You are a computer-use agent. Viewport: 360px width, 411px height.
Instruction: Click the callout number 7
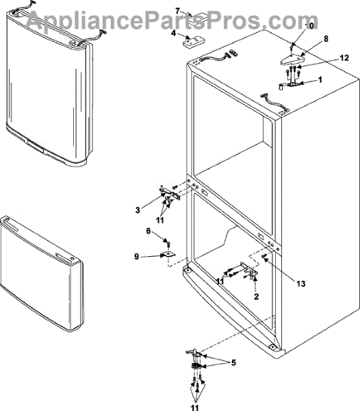pos(178,11)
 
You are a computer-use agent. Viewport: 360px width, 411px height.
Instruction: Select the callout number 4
pos(174,34)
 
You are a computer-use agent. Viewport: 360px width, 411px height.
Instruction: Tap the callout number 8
pos(326,39)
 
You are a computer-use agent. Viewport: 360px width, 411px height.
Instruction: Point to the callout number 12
pos(344,58)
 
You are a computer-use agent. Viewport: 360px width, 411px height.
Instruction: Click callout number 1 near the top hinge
pos(320,79)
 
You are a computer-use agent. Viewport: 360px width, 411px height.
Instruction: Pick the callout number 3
pos(138,210)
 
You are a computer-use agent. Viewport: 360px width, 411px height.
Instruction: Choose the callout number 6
pos(149,231)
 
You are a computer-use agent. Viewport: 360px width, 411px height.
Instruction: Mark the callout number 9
pos(136,256)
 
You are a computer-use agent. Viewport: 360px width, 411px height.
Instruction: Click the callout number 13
pos(301,284)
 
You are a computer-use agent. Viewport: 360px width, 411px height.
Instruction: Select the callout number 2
pos(256,297)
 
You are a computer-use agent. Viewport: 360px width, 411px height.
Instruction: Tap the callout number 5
pos(233,363)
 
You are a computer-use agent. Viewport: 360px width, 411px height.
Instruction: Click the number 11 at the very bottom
pos(194,408)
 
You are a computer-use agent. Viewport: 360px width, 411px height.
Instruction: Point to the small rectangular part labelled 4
pos(194,42)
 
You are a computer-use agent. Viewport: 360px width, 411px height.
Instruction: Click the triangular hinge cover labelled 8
pos(293,60)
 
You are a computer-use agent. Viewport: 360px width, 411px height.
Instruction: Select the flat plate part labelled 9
pos(168,253)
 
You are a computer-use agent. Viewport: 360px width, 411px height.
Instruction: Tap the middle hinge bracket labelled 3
pos(170,193)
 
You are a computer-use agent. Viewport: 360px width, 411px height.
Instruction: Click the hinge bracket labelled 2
pos(248,269)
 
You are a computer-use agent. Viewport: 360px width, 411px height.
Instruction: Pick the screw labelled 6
pos(168,245)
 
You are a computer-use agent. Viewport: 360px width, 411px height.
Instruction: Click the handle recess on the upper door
pos(35,147)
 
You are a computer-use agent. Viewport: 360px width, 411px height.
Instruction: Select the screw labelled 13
pos(264,256)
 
